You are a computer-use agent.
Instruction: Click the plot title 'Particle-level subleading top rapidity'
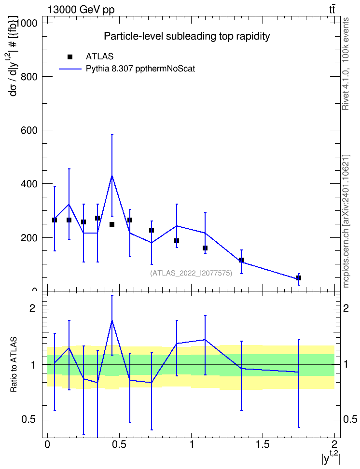click(187, 36)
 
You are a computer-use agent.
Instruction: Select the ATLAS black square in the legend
click(70, 57)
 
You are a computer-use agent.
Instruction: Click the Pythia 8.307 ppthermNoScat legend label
click(140, 69)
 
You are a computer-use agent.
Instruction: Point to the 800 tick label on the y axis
click(29, 77)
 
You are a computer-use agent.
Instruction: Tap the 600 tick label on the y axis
click(29, 130)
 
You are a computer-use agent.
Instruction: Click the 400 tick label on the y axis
click(29, 184)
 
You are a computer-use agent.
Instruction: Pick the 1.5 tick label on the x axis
click(263, 444)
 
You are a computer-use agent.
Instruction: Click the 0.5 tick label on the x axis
click(119, 444)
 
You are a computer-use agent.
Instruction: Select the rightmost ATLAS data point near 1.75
click(298, 278)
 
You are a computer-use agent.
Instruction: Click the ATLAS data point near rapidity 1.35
click(241, 260)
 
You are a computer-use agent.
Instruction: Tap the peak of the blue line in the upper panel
click(112, 176)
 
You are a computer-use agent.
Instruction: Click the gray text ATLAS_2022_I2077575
click(191, 273)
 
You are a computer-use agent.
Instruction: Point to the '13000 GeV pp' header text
click(81, 10)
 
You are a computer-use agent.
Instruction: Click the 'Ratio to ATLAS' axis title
click(14, 365)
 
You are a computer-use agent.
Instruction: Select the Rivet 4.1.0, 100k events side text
click(346, 64)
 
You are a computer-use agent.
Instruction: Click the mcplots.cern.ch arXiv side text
click(346, 221)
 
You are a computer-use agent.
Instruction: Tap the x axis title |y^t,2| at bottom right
click(331, 458)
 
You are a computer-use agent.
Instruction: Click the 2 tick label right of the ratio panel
click(346, 308)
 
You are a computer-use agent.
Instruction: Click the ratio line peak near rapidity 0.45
click(112, 321)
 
